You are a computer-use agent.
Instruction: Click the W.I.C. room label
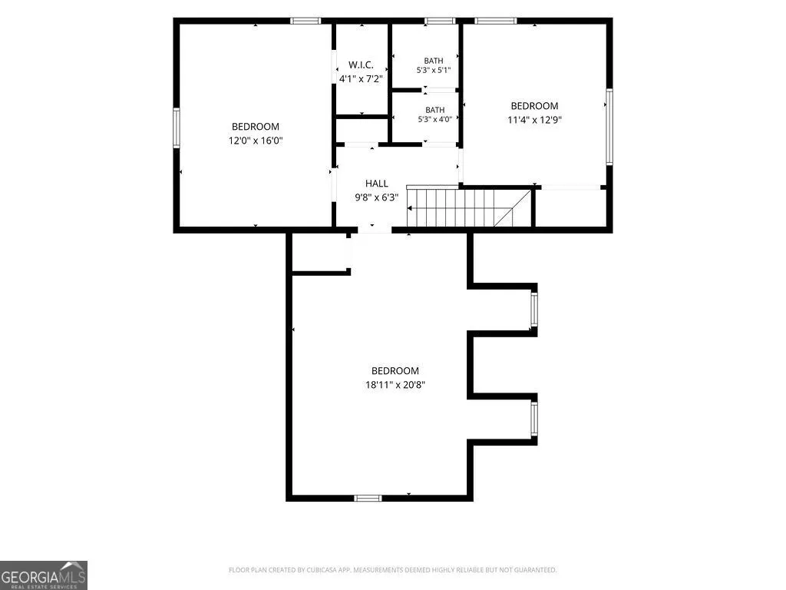[361, 65]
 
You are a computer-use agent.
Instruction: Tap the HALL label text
[376, 184]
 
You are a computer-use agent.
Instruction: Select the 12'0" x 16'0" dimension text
[256, 141]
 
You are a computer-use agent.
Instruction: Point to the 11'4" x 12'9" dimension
[534, 120]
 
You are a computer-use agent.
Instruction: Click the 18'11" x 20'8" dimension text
[395, 385]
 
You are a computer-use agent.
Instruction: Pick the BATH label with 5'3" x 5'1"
[434, 61]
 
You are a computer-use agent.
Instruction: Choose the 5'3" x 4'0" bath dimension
[435, 119]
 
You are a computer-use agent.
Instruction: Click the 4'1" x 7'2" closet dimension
[361, 79]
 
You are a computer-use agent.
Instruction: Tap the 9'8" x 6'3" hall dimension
[376, 197]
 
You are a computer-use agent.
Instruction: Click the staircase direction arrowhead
[410, 207]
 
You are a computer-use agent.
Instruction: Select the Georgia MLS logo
[44, 575]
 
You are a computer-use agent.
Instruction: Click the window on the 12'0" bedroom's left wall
[177, 128]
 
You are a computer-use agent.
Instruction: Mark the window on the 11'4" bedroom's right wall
[609, 127]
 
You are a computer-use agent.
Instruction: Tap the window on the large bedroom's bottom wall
[368, 498]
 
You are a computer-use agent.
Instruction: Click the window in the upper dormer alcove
[534, 310]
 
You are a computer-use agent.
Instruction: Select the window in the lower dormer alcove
[534, 419]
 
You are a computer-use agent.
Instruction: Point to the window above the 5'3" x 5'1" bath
[440, 21]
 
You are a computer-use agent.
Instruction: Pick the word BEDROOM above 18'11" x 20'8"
[395, 371]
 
